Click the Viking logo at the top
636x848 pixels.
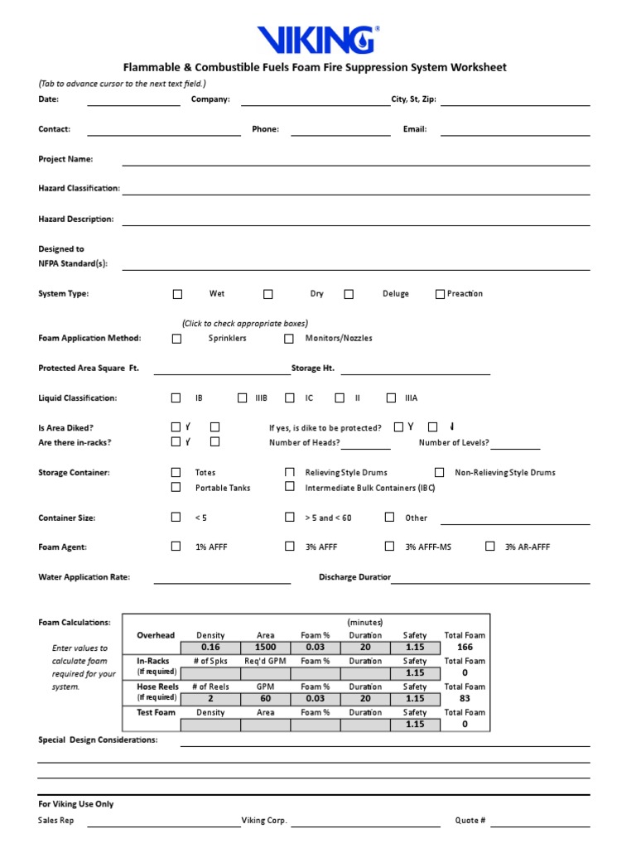click(x=318, y=39)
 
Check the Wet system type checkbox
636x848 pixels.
click(x=177, y=294)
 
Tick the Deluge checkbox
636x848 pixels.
click(x=349, y=294)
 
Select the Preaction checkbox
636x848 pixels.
click(x=440, y=294)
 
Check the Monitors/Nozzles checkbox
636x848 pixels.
click(x=289, y=339)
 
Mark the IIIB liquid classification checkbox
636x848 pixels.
click(x=242, y=398)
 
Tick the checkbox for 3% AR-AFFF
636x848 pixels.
click(x=490, y=547)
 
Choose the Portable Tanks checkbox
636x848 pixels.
click(x=176, y=488)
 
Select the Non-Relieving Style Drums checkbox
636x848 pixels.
click(x=440, y=473)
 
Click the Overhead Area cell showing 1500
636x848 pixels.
click(x=265, y=648)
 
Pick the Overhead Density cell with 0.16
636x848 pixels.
click(x=210, y=648)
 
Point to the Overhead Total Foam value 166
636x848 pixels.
click(x=465, y=648)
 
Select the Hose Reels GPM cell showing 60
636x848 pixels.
click(x=265, y=699)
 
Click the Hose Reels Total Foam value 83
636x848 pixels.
click(x=465, y=699)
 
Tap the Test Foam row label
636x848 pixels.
click(x=156, y=712)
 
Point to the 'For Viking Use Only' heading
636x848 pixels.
click(x=76, y=804)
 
